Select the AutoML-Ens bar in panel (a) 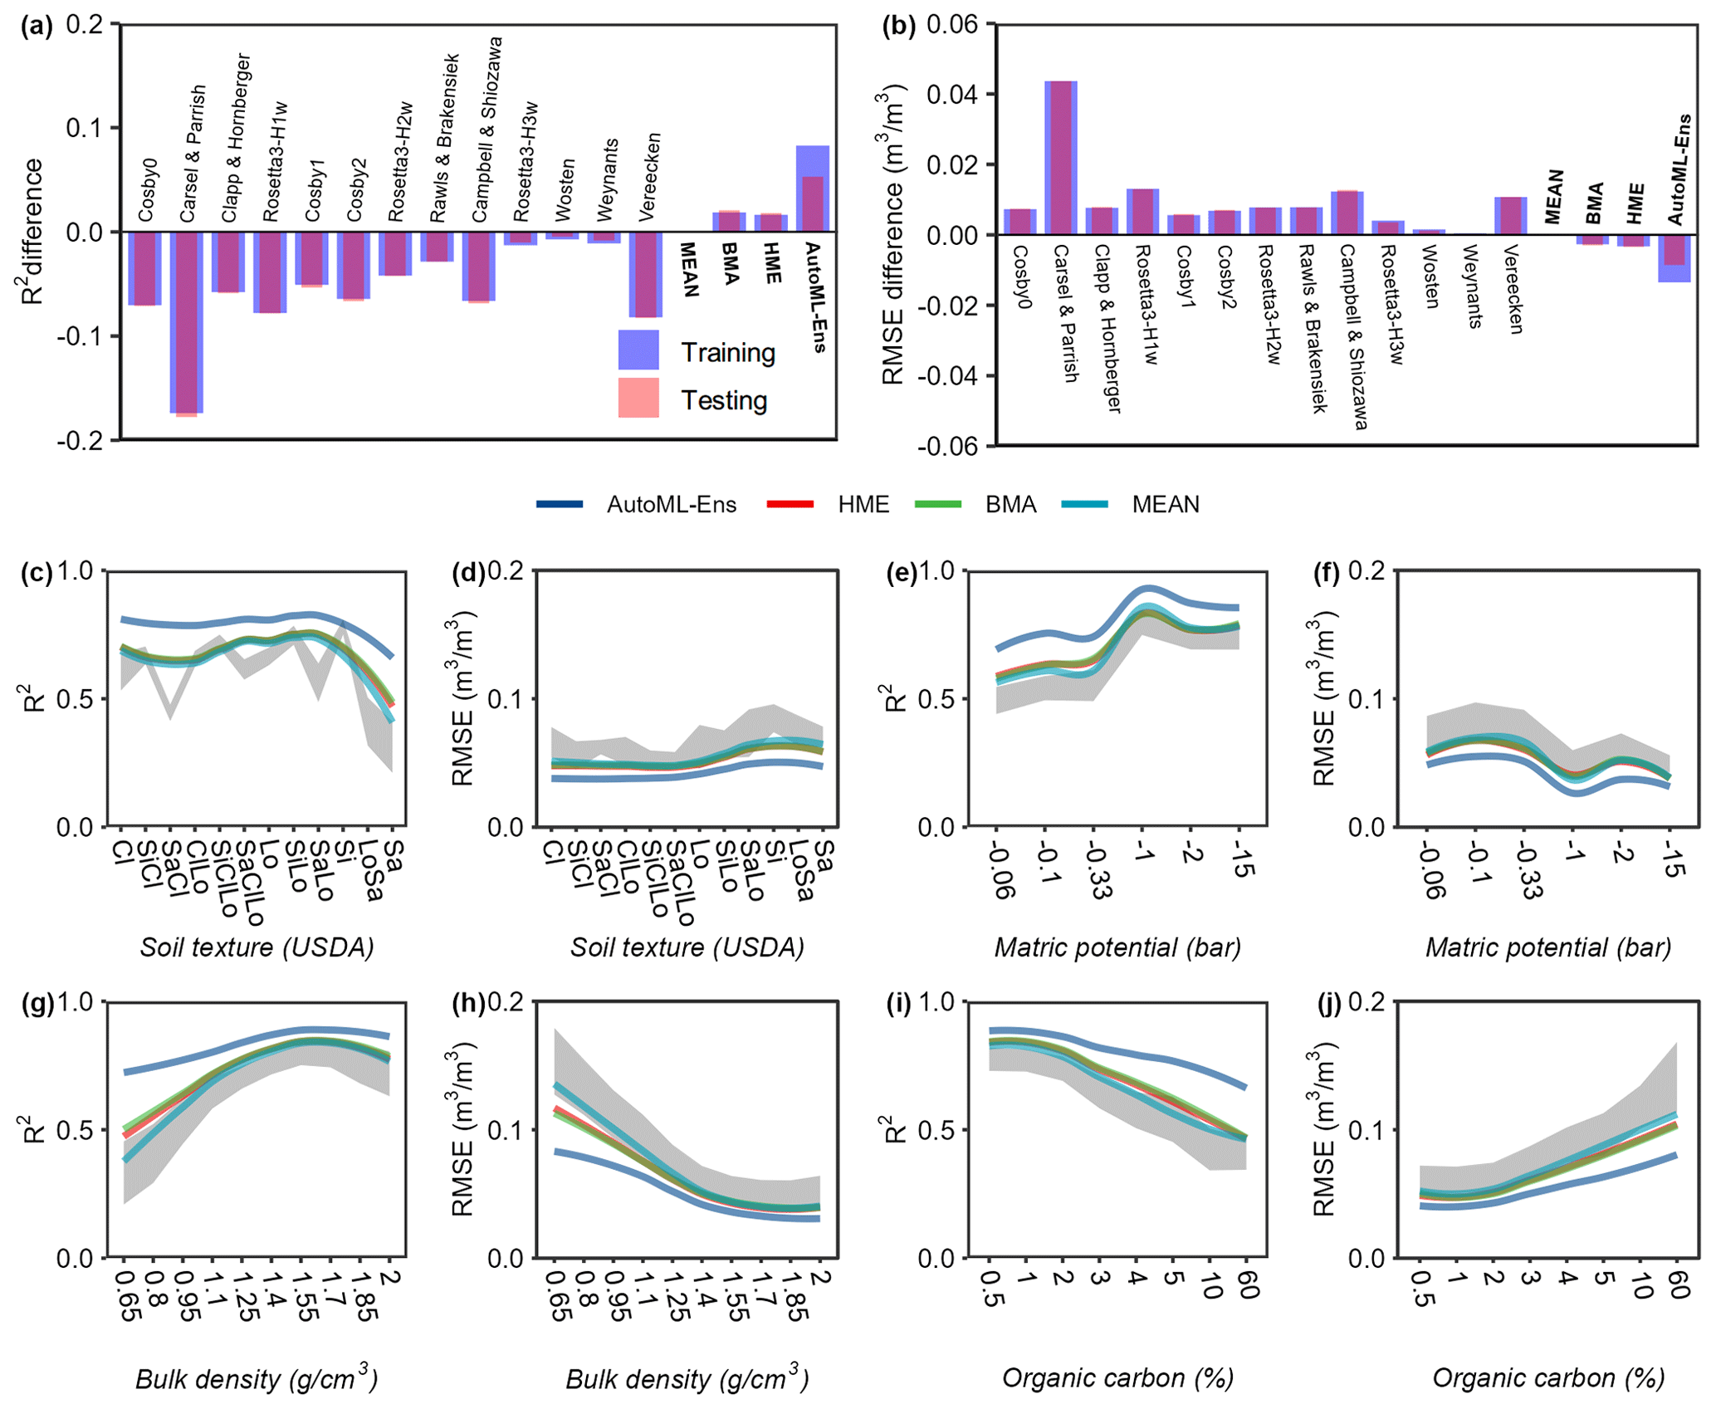pos(812,189)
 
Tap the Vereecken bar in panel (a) pos(645,274)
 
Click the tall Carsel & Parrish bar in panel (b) pos(1060,158)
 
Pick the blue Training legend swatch pos(638,350)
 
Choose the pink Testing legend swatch pos(638,398)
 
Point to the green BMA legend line pos(937,505)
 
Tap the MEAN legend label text pos(1166,505)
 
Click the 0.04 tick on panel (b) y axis pos(952,94)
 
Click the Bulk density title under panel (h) pos(687,1379)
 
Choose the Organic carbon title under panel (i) pos(1117,1377)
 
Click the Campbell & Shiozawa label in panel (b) pos(1354,336)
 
